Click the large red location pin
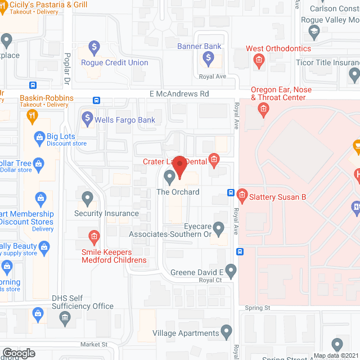point(179,166)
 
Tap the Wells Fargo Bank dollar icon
point(87,119)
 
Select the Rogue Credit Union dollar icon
point(95,47)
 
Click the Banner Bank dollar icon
point(209,57)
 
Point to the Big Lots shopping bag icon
point(39,137)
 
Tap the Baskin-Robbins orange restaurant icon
point(32,116)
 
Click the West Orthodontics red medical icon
point(259,60)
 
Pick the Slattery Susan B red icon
point(242,196)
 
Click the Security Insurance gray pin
point(87,198)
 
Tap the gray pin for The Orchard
point(169,178)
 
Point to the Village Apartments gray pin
point(226,332)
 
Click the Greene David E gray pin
point(231,271)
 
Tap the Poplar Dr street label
point(66,65)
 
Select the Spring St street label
point(258,308)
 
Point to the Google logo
point(18,353)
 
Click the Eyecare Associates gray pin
point(219,228)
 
